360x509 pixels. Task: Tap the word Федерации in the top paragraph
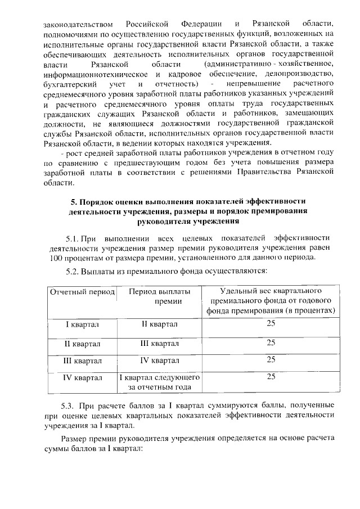click(x=201, y=24)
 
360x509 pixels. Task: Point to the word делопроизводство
click(x=294, y=74)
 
